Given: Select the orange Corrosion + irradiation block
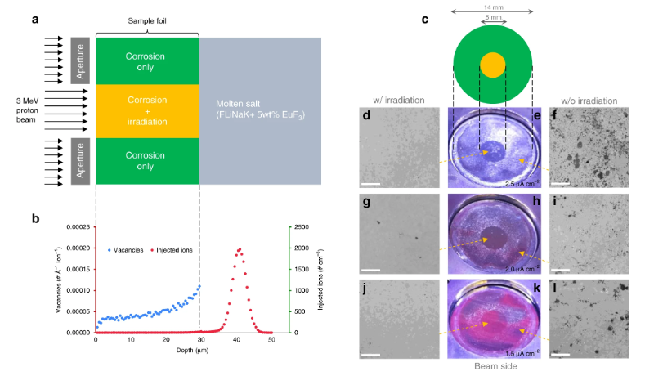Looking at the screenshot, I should (147, 110).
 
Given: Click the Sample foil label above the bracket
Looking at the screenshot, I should (147, 20).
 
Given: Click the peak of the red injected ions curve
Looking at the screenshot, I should (240, 249).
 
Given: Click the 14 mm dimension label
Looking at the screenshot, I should (491, 6).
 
